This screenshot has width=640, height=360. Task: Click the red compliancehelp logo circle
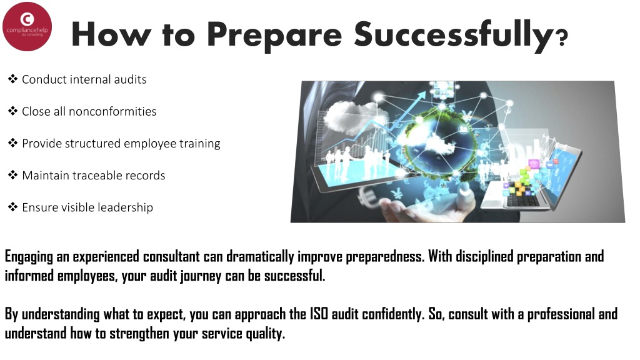(x=27, y=26)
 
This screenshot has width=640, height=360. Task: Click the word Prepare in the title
(x=274, y=36)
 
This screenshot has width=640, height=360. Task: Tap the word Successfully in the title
(x=454, y=35)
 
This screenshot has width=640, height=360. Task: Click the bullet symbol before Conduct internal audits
(x=12, y=79)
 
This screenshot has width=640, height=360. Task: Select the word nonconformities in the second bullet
(x=112, y=111)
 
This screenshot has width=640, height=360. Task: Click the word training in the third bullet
(x=199, y=144)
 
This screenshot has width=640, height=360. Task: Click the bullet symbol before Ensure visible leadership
(x=12, y=207)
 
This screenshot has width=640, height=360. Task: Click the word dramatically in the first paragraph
(x=260, y=257)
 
